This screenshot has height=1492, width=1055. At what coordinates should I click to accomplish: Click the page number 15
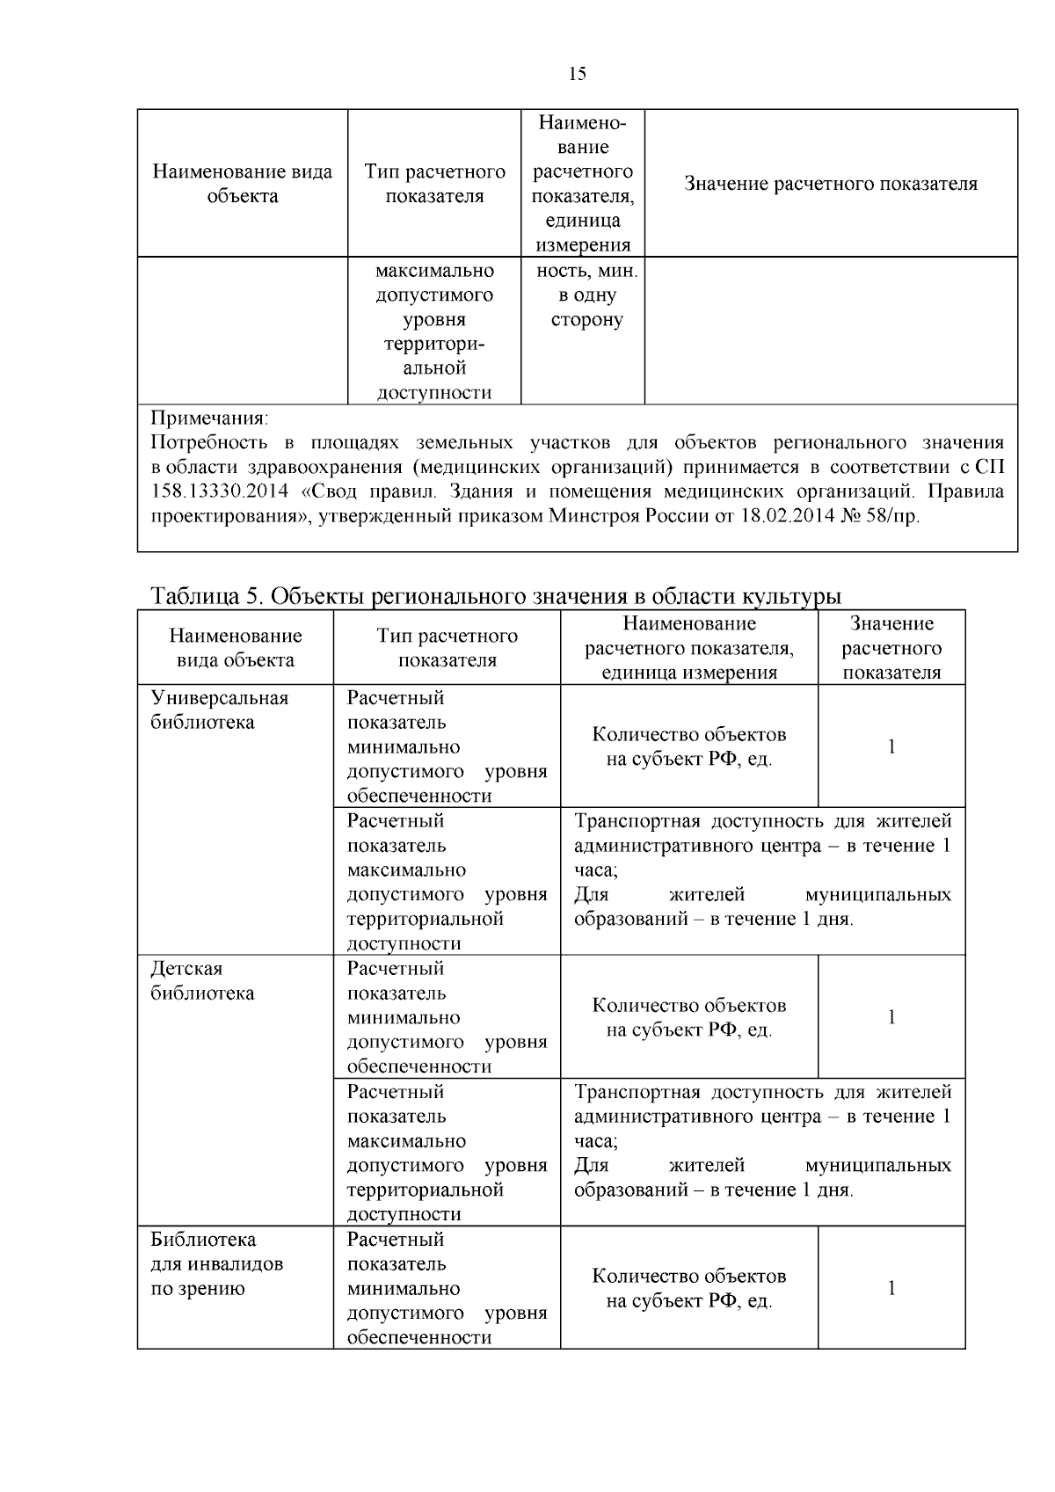(578, 74)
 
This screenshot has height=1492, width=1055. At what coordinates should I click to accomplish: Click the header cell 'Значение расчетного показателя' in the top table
(831, 184)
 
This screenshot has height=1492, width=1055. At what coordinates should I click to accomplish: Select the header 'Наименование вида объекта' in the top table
(243, 184)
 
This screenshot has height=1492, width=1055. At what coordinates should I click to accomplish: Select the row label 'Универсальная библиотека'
(220, 710)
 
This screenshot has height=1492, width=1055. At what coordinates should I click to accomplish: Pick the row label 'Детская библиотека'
(203, 980)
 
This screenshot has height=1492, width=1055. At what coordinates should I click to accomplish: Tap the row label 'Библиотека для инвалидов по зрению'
(217, 1263)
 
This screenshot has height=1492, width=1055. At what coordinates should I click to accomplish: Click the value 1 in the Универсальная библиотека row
(891, 746)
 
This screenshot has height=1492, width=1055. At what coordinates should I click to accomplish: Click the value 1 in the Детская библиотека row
(891, 1017)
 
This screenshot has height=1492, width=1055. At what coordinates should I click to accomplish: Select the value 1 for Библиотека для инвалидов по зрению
(891, 1288)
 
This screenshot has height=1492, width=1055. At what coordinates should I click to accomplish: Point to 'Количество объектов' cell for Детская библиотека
(689, 1017)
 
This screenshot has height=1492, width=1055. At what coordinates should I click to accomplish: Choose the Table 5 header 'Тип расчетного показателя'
(447, 647)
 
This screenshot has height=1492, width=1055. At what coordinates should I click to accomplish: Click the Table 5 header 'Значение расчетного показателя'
(891, 647)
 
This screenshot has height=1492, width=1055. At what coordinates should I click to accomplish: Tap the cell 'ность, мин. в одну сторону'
(586, 295)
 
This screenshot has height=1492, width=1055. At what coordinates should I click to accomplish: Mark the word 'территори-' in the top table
(434, 344)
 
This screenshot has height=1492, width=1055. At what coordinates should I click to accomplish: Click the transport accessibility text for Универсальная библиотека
(762, 870)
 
